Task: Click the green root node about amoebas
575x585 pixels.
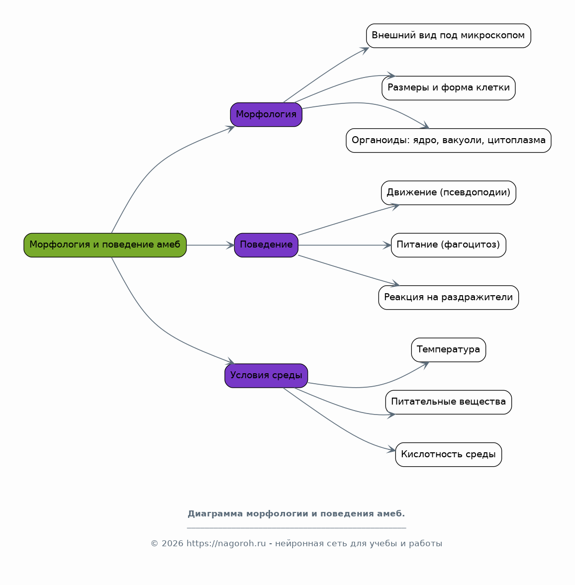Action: (x=105, y=245)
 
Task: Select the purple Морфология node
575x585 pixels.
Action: (x=266, y=114)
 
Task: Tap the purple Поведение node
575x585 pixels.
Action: (x=266, y=245)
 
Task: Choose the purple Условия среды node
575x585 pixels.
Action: (x=266, y=376)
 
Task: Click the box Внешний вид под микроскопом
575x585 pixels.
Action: (x=449, y=36)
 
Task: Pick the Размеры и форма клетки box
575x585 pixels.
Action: (x=449, y=88)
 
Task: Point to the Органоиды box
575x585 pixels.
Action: (x=449, y=140)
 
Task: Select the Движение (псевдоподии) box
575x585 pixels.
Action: (x=449, y=193)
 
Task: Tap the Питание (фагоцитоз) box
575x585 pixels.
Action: (x=449, y=245)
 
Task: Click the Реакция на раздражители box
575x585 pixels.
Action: (x=449, y=297)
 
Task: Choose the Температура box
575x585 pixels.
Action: (x=449, y=349)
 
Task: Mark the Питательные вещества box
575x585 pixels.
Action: (x=449, y=402)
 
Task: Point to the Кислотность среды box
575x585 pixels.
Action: (x=449, y=454)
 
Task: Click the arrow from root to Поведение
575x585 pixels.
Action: (x=210, y=245)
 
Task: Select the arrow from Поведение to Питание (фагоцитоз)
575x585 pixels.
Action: (x=345, y=245)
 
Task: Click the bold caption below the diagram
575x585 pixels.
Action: (x=296, y=514)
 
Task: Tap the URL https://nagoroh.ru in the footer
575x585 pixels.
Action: (x=226, y=544)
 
